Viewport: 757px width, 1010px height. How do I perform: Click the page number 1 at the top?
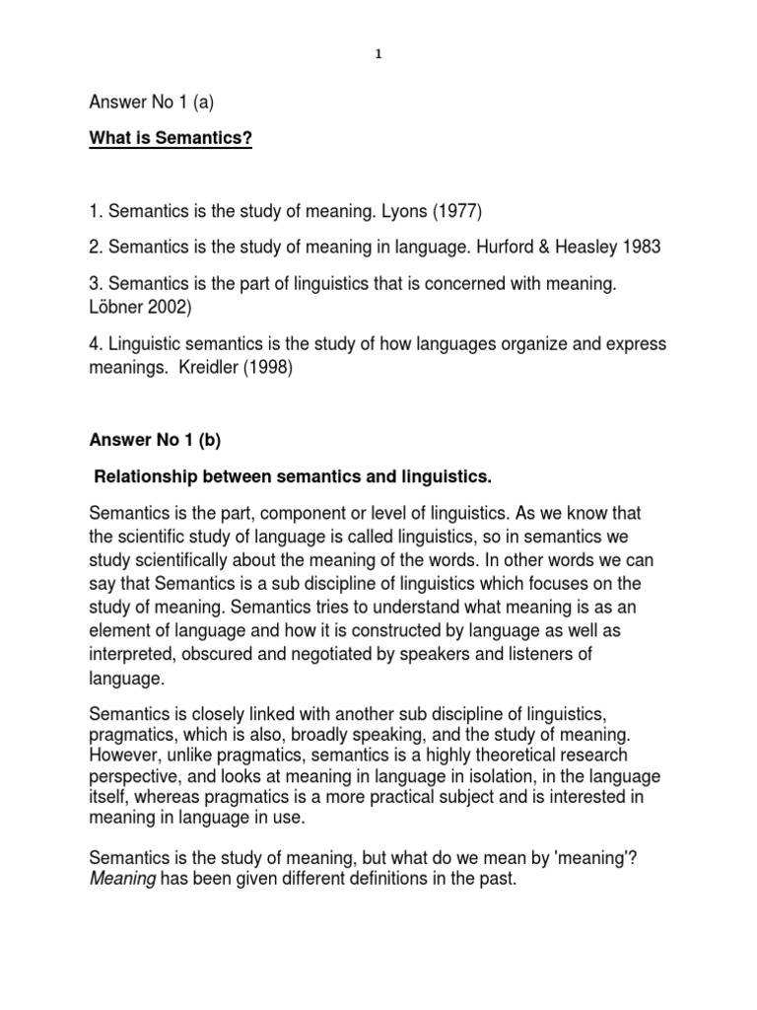point(378,56)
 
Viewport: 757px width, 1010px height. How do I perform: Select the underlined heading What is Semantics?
point(172,139)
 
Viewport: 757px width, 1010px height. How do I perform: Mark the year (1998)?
point(276,368)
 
